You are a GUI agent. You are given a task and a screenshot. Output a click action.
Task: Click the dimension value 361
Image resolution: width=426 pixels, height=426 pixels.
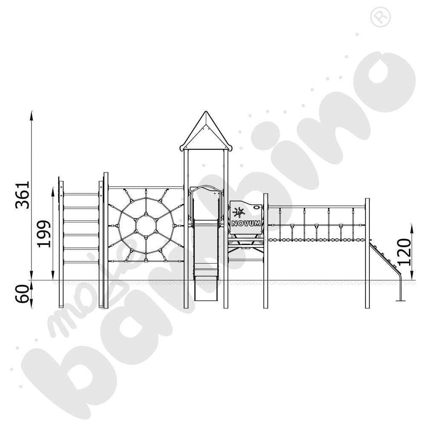pyautogui.click(x=23, y=195)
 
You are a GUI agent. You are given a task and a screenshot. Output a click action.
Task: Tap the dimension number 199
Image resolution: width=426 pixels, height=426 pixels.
pyautogui.click(x=44, y=233)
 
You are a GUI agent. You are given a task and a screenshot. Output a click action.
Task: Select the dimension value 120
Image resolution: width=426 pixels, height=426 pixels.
pyautogui.click(x=404, y=252)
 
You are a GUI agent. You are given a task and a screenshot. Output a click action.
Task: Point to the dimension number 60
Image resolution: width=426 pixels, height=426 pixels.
pyautogui.click(x=23, y=294)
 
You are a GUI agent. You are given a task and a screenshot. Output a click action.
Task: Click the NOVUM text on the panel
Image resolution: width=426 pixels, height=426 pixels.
pyautogui.click(x=246, y=223)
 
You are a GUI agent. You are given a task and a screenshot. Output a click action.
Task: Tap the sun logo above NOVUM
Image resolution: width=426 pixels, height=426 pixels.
pyautogui.click(x=238, y=213)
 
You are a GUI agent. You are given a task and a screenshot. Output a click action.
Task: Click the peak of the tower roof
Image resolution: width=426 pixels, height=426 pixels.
pyautogui.click(x=206, y=112)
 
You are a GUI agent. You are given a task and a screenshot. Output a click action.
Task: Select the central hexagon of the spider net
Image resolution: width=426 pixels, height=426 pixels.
pyautogui.click(x=146, y=225)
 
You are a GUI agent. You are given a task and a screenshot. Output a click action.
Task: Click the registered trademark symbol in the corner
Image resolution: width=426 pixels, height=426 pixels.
pyautogui.click(x=380, y=17)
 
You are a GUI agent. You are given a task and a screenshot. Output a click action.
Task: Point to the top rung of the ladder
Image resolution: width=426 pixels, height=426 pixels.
pyautogui.click(x=81, y=195)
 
